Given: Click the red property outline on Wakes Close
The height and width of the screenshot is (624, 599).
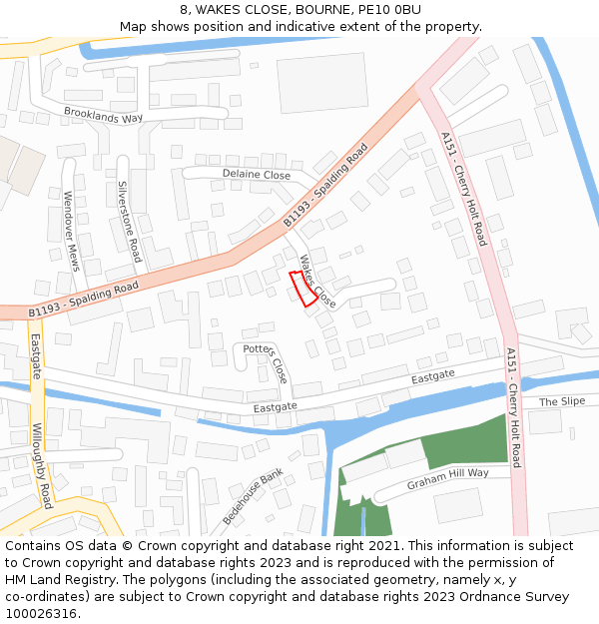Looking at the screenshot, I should (x=302, y=288).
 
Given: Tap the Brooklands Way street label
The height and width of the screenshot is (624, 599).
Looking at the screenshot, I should (x=104, y=116).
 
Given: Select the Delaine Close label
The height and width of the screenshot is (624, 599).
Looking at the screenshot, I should (x=257, y=175).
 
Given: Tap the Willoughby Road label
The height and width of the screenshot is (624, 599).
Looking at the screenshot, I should (x=42, y=465).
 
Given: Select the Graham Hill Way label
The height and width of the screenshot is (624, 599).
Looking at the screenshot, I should (x=448, y=479).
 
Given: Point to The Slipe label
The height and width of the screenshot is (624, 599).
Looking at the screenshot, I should (x=562, y=401).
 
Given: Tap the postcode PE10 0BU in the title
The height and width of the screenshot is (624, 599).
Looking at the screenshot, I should (x=390, y=10).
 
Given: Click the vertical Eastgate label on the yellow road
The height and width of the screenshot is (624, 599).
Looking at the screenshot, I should (x=36, y=353).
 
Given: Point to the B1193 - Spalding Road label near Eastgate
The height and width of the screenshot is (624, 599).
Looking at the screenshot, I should (x=83, y=300).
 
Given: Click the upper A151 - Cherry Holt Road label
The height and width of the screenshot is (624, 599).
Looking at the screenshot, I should (x=463, y=190).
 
